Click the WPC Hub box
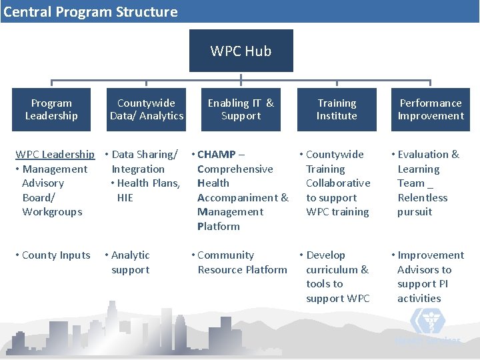tap(241, 51)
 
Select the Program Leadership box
tap(51, 109)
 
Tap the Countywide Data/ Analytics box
tap(146, 109)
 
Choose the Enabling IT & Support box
tap(241, 109)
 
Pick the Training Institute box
tap(337, 109)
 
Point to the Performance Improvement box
tap(430, 109)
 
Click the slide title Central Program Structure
tap(91, 11)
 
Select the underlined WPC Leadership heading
tap(55, 155)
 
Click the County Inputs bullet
tap(56, 255)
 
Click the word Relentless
tap(423, 197)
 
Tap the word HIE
tap(125, 197)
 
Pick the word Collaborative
tap(338, 183)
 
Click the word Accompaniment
tap(238, 197)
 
